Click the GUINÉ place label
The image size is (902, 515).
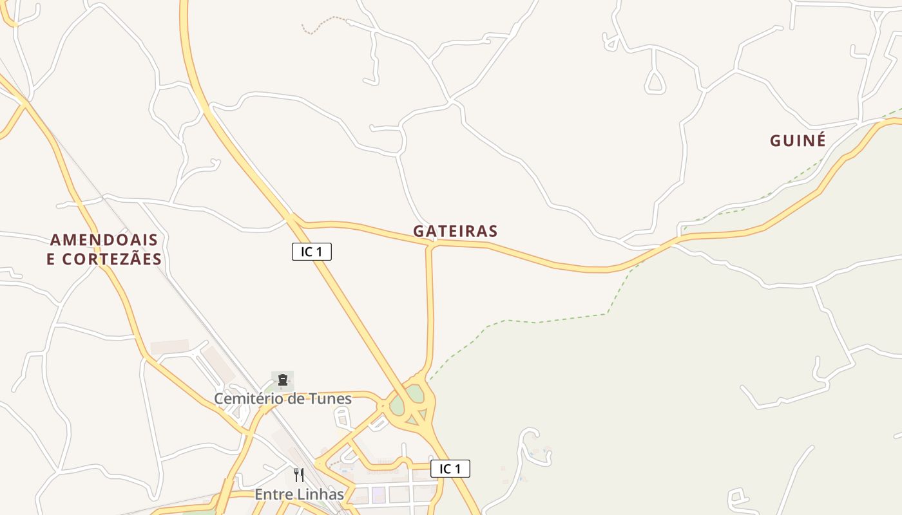[798, 140]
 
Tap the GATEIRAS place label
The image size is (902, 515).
[455, 231]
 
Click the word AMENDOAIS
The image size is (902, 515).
[104, 240]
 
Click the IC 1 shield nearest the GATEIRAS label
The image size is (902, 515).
[312, 252]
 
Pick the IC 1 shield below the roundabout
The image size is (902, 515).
[450, 469]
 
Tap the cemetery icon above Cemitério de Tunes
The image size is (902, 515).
[282, 380]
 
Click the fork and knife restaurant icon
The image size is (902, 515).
[299, 475]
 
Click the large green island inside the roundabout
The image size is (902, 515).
[398, 405]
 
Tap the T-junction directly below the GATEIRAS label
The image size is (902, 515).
[430, 244]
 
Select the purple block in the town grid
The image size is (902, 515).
[378, 494]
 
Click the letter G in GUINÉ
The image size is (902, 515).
[776, 140]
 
